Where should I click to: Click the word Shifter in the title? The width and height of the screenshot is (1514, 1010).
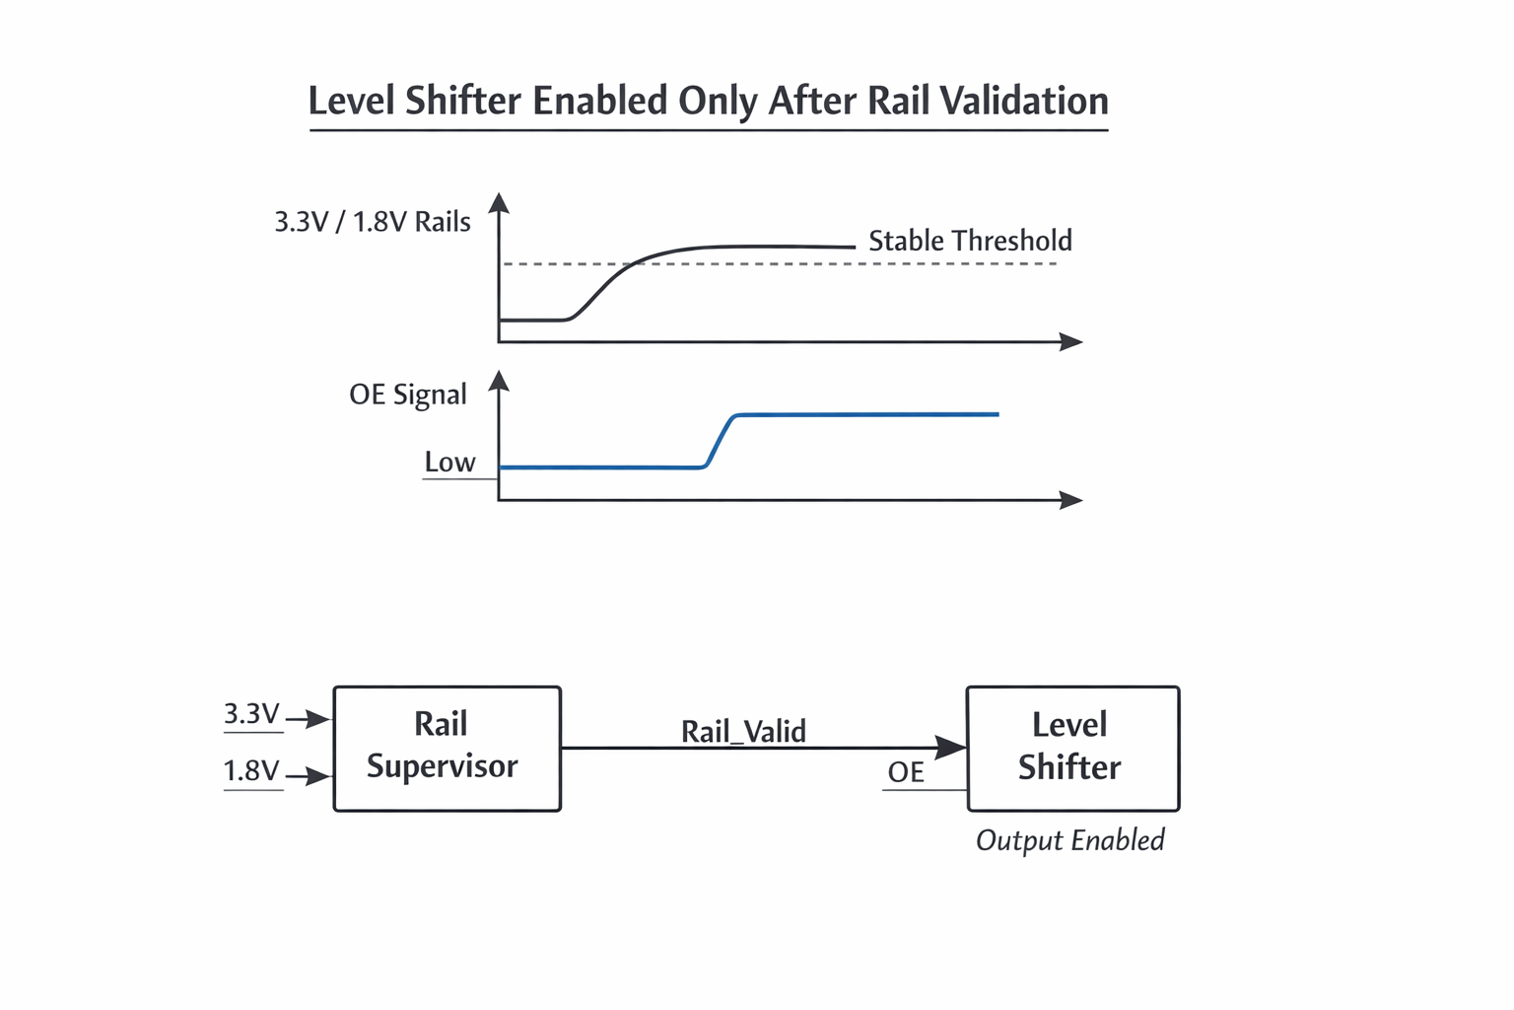tap(463, 101)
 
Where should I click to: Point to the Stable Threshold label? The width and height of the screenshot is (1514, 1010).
tap(970, 241)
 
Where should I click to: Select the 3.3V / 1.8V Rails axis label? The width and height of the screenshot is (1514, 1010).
tap(373, 222)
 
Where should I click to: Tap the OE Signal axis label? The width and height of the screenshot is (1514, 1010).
tap(407, 395)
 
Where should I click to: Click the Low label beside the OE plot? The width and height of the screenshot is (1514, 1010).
tap(449, 462)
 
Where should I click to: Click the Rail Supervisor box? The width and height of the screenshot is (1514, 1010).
tap(447, 749)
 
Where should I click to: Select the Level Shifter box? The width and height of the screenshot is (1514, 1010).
tap(1072, 749)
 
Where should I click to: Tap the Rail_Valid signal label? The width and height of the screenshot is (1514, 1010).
tap(743, 731)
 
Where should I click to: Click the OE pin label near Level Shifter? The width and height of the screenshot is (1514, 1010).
tap(906, 771)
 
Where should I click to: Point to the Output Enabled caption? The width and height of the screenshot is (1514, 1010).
tap(1069, 840)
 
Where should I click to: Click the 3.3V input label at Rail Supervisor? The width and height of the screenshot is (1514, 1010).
tap(251, 713)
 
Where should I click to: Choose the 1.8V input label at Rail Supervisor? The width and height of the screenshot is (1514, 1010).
tap(251, 770)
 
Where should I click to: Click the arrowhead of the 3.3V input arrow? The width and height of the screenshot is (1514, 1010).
tap(319, 719)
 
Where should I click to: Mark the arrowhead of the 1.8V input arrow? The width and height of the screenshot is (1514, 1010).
tap(319, 776)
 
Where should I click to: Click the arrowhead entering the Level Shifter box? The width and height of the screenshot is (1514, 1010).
tap(951, 748)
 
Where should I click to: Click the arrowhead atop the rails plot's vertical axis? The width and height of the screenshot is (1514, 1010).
tap(500, 203)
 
